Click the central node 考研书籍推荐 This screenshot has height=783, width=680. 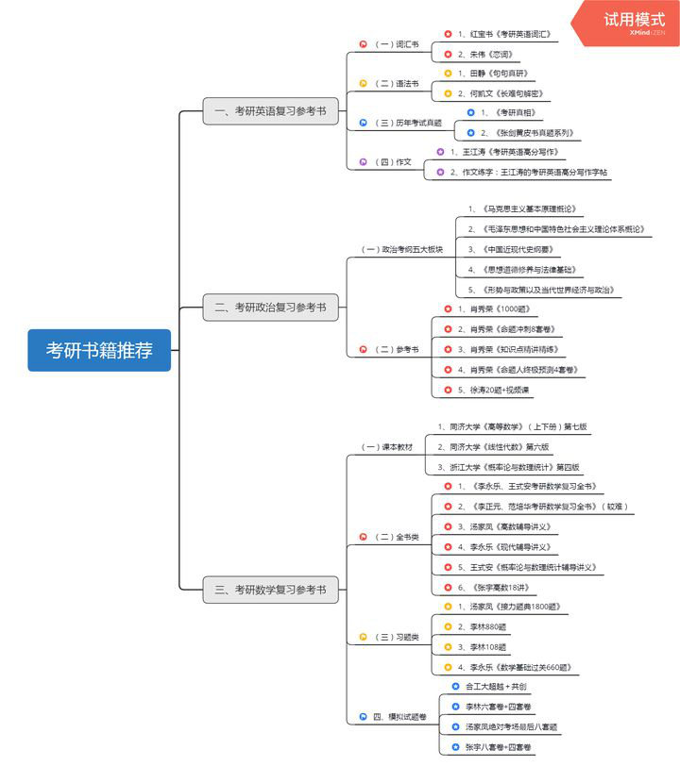99,350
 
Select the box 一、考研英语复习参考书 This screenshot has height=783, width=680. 270,111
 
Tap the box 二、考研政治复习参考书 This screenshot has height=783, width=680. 270,307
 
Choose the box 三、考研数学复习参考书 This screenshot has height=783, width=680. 270,590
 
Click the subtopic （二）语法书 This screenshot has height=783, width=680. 396,83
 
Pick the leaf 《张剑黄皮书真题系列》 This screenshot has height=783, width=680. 525,133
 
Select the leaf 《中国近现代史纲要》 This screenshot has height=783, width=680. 510,249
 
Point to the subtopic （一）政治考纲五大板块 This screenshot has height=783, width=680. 402,249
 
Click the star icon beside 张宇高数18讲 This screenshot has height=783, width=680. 449,587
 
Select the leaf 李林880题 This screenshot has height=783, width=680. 484,626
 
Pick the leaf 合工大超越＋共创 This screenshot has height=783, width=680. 496,686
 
